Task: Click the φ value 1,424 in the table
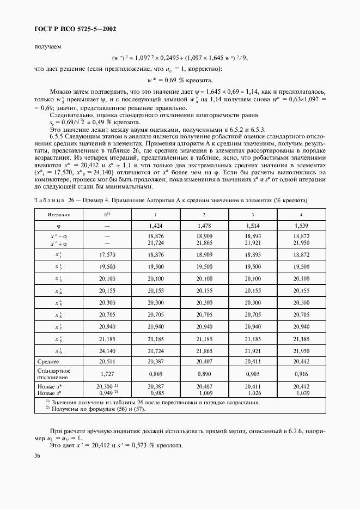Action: [157, 225]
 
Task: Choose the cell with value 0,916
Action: [301, 374]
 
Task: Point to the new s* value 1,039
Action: [301, 392]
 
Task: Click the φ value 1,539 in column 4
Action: [301, 225]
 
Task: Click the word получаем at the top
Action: [46, 46]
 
